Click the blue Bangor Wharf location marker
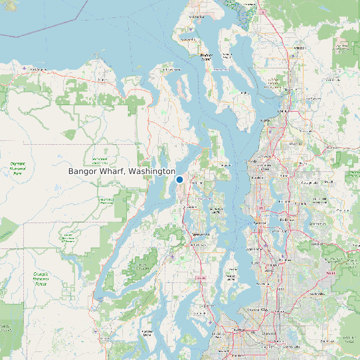tap(179, 179)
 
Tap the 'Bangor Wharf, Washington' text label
tap(121, 171)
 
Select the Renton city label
tap(287, 255)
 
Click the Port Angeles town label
tap(40, 68)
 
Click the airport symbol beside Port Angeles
tap(24, 68)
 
